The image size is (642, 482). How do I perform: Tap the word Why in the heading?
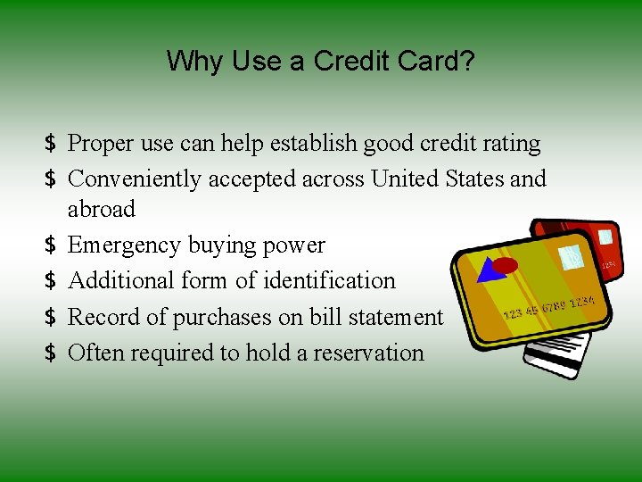click(x=194, y=62)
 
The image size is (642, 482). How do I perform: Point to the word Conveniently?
click(x=135, y=179)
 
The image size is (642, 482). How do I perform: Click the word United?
click(x=406, y=179)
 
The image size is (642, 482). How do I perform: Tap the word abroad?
click(x=102, y=210)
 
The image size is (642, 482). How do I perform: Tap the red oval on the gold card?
click(x=506, y=265)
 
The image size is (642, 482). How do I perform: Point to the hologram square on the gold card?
click(x=570, y=257)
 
